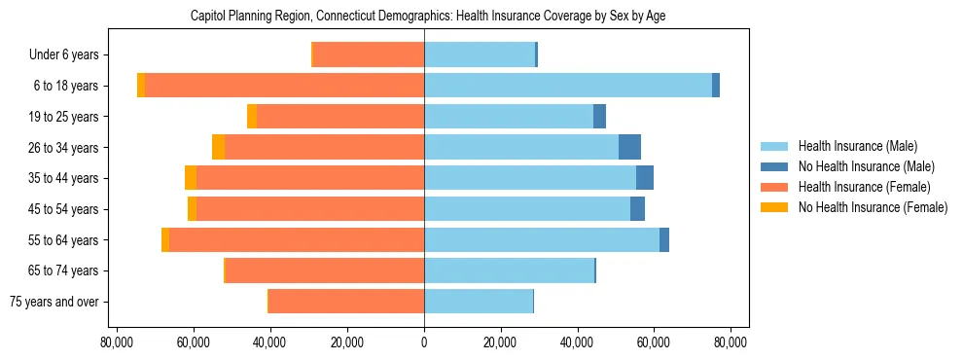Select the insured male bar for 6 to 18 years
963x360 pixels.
568,86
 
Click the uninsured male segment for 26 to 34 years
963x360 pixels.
629,147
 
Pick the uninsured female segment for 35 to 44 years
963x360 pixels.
191,178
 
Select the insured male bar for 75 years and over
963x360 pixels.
479,302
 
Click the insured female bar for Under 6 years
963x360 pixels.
369,54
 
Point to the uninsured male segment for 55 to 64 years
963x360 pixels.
664,239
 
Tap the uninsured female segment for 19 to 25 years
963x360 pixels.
252,117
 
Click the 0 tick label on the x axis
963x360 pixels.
424,342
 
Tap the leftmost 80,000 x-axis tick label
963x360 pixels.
117,342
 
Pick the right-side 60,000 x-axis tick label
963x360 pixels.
654,342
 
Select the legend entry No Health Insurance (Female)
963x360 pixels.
873,207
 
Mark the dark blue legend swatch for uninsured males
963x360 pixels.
774,166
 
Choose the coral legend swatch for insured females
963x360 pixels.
774,187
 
